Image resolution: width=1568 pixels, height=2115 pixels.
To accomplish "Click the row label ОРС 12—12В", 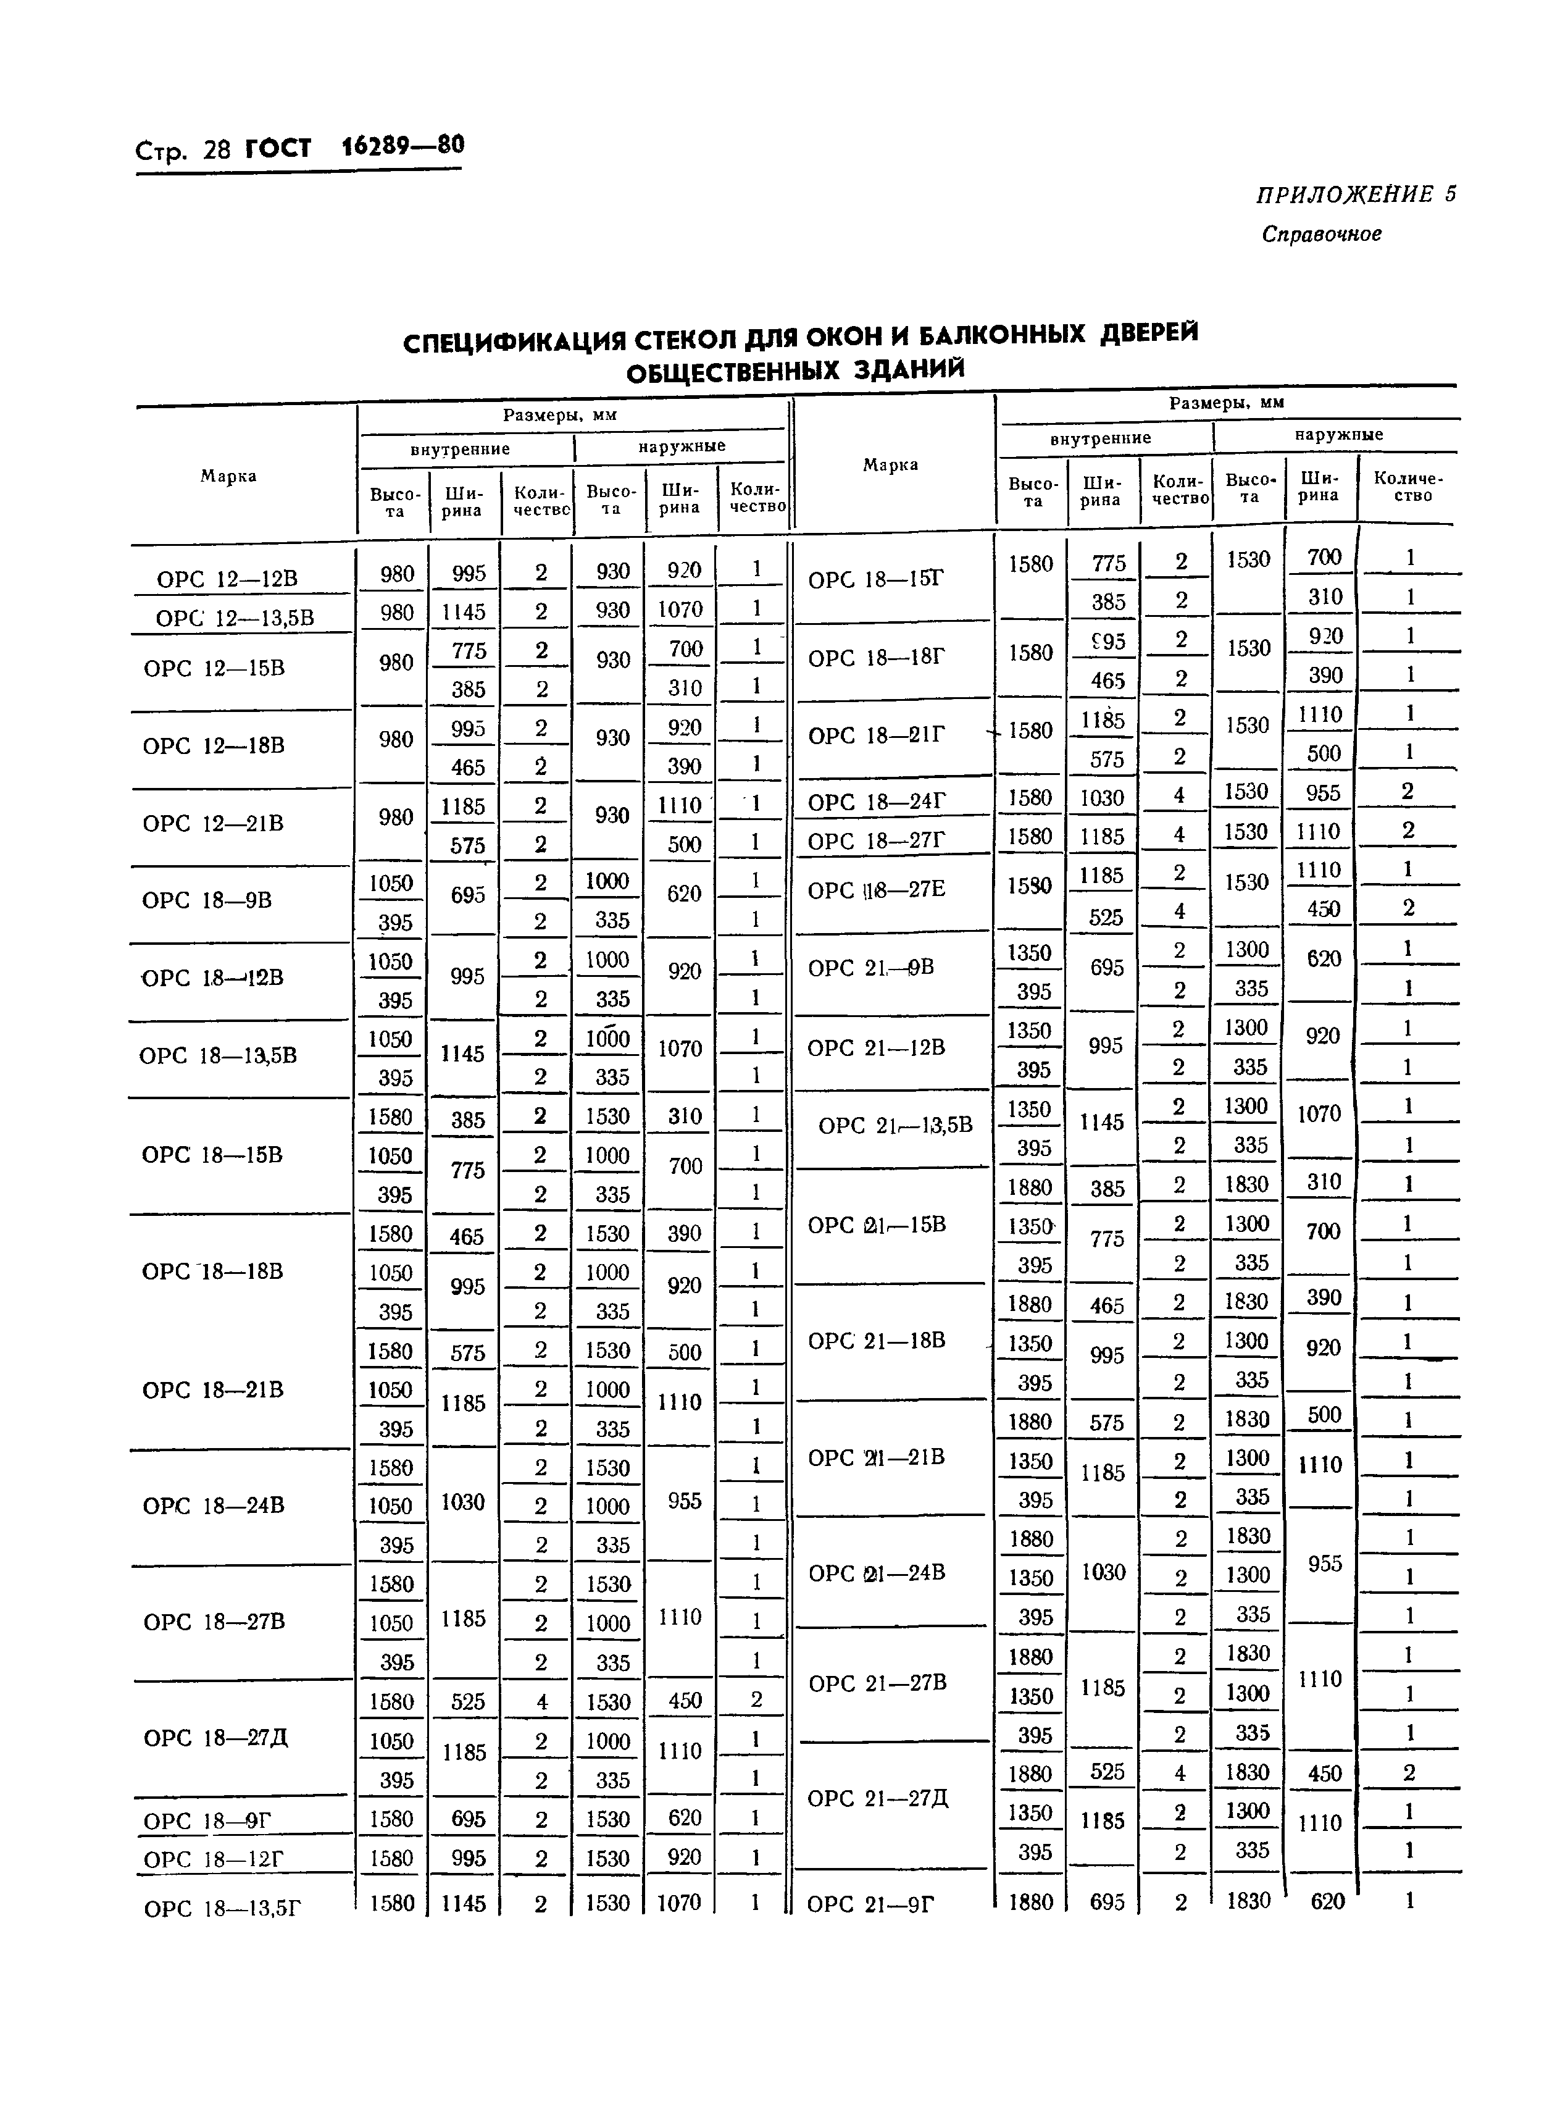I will [x=227, y=578].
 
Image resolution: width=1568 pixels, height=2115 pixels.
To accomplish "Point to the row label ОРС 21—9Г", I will [x=870, y=1903].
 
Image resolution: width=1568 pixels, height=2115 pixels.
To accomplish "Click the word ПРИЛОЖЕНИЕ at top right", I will [x=1344, y=195].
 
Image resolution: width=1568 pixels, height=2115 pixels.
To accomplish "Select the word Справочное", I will [x=1321, y=233].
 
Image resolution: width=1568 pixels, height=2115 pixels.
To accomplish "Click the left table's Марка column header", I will [x=228, y=475].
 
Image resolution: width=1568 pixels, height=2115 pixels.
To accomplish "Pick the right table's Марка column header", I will [x=890, y=464].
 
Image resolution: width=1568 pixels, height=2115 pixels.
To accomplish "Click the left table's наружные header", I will [x=682, y=445].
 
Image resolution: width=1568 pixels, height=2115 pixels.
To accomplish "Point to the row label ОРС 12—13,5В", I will [x=235, y=618].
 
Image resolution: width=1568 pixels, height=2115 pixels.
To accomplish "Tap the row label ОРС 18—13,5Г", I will [x=222, y=1907].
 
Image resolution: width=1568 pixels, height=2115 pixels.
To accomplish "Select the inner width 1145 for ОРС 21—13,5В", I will [x=1101, y=1122].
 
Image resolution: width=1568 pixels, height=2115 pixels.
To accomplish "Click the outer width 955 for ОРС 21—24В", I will [x=1324, y=1562].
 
